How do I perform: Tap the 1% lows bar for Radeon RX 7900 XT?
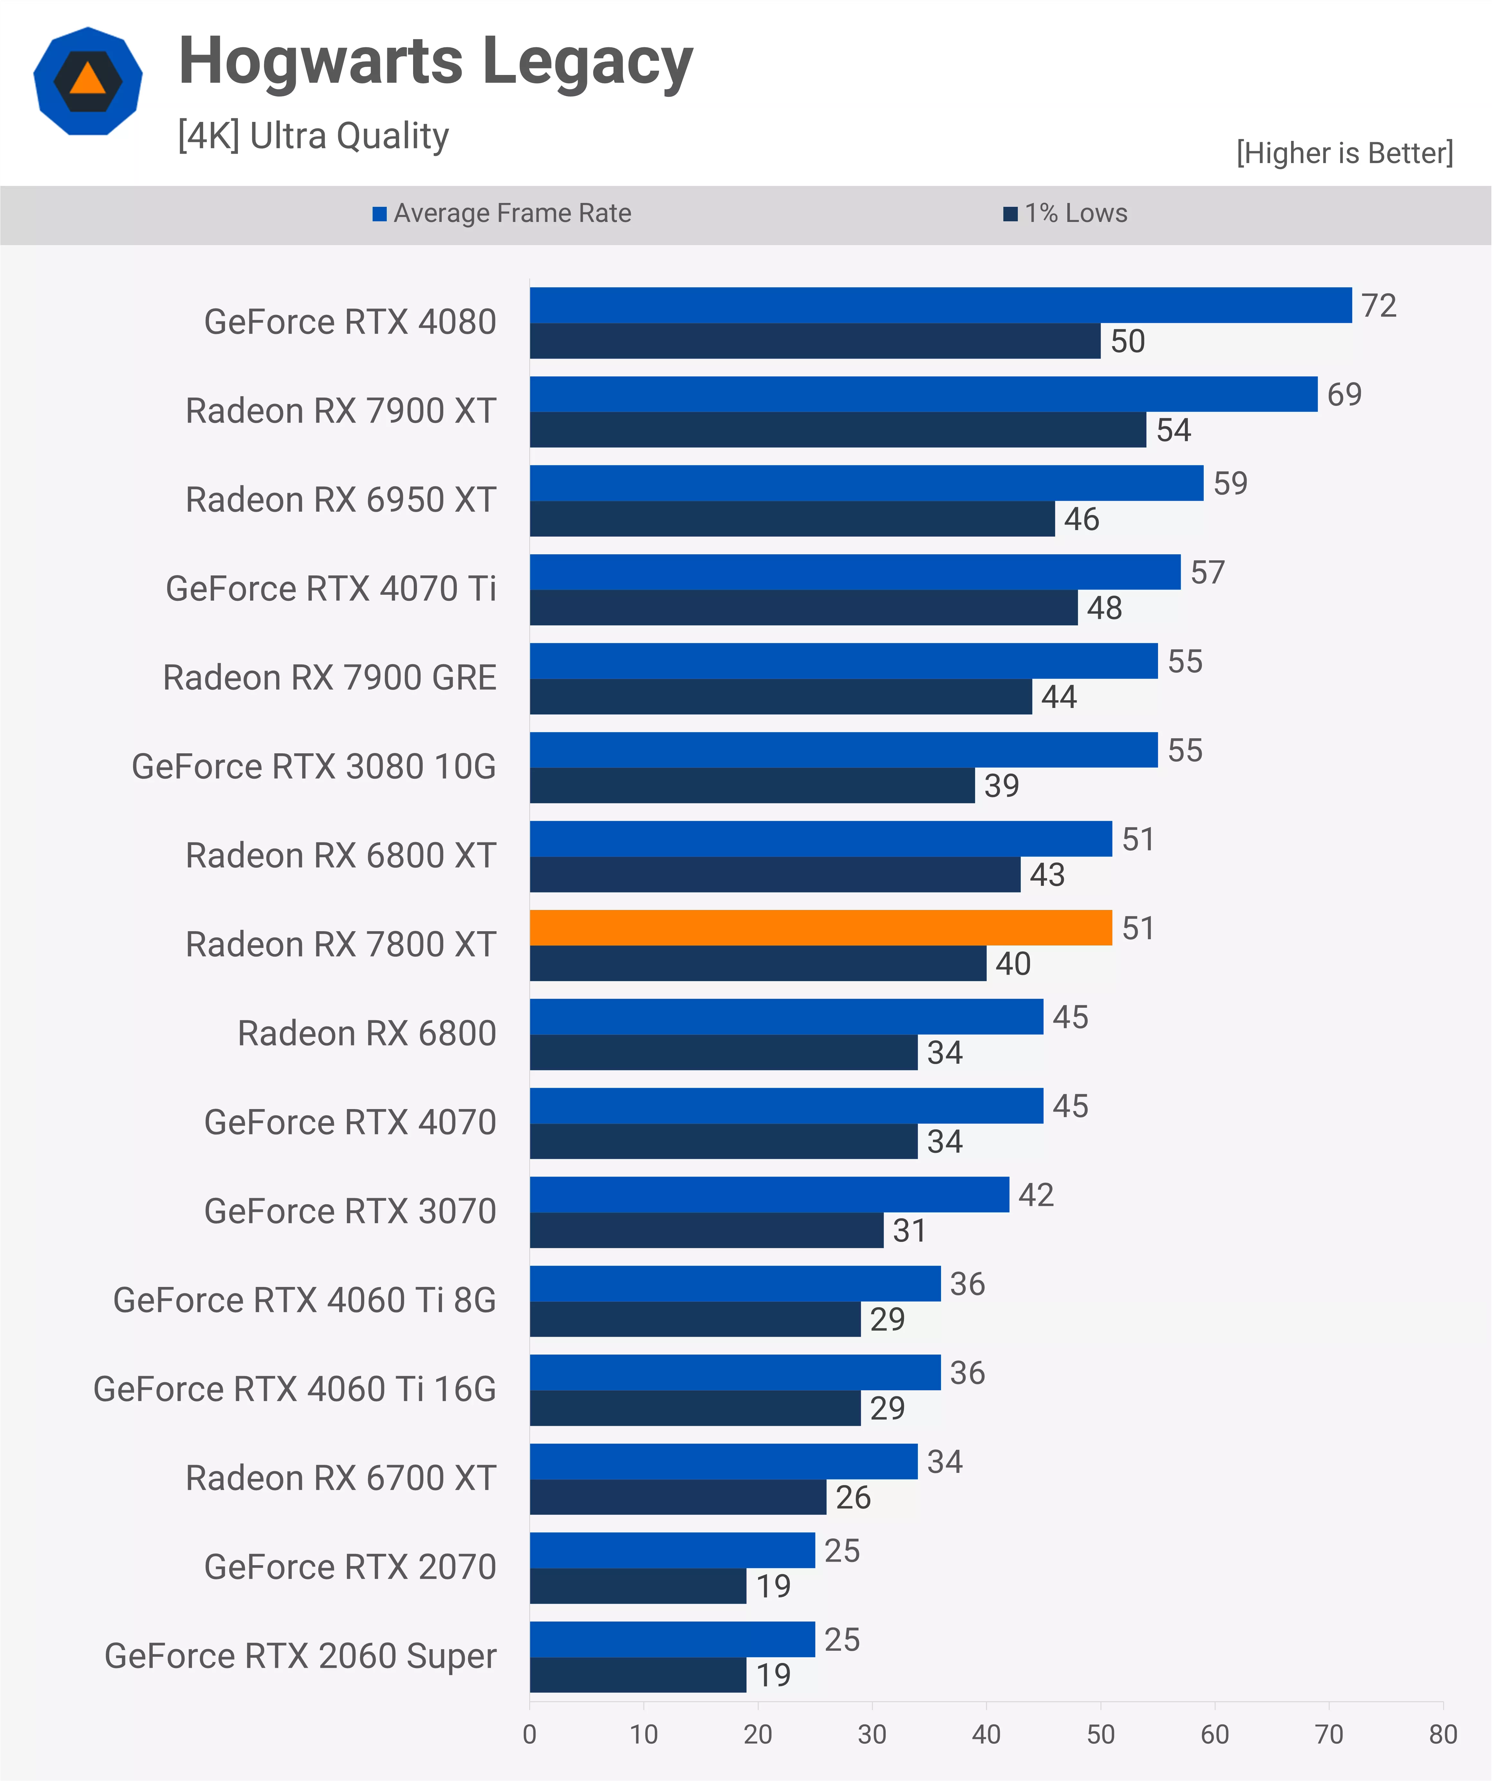(837, 430)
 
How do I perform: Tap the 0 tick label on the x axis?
(530, 1734)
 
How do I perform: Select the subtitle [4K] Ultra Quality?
(313, 136)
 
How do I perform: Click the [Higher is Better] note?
(1344, 153)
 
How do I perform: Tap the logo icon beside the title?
(88, 81)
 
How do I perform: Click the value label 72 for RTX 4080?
(1379, 305)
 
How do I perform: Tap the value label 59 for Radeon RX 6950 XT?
(1230, 483)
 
